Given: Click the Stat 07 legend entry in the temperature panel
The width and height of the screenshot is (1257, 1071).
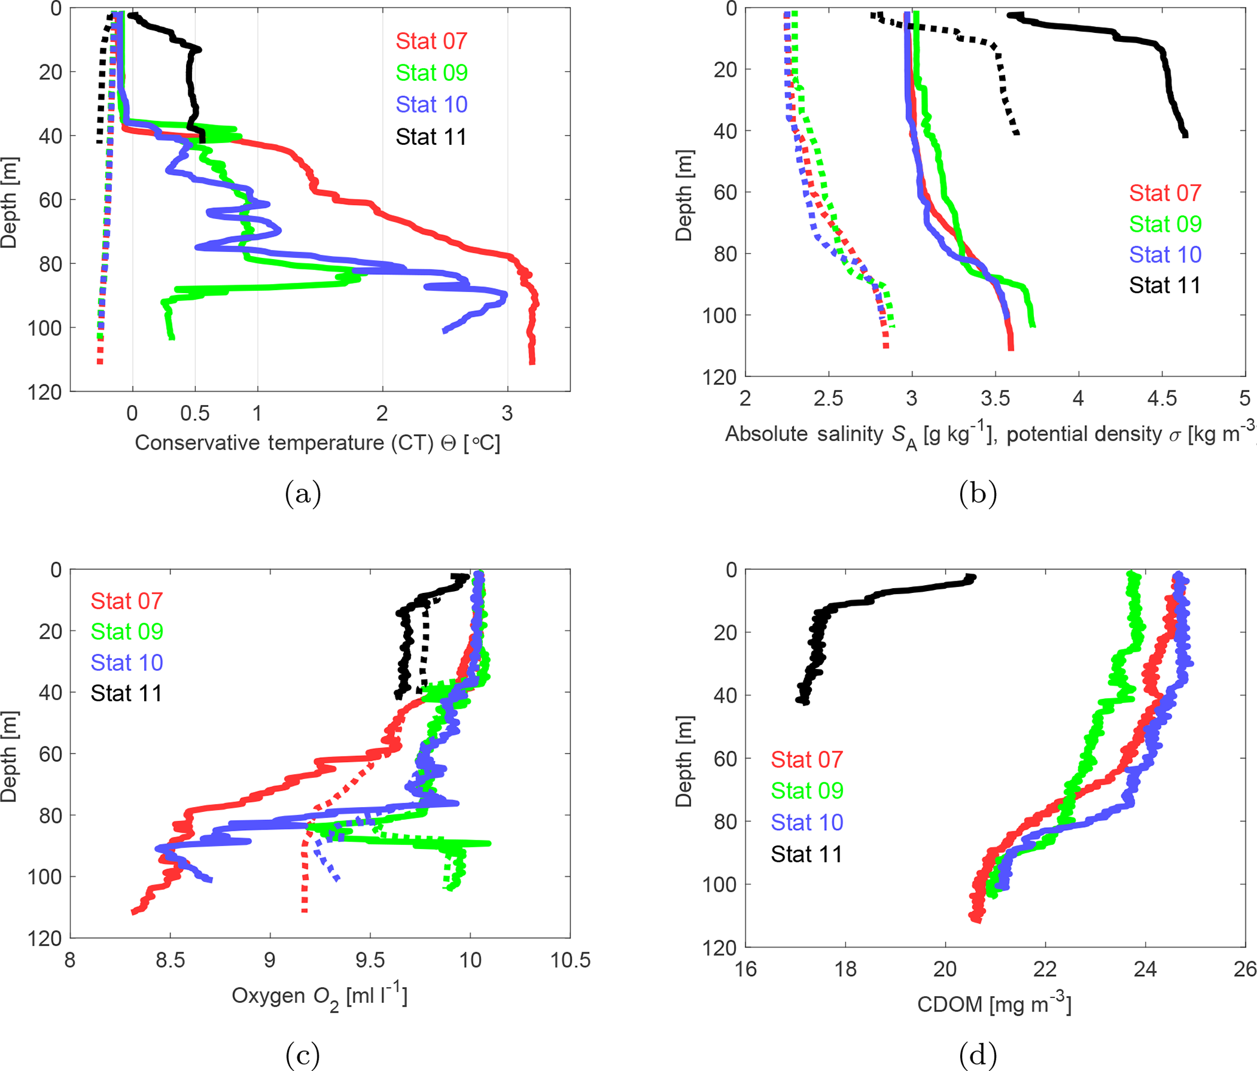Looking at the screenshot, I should (431, 41).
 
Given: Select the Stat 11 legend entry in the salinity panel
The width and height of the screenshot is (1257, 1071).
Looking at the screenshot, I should (1165, 285).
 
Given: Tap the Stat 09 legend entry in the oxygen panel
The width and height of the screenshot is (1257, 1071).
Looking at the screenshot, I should (126, 631).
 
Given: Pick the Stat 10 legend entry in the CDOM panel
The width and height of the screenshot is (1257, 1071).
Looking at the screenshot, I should (806, 822).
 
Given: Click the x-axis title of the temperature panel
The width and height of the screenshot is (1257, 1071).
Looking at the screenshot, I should (317, 443).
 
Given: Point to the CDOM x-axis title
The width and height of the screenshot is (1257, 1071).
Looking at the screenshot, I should (994, 1004).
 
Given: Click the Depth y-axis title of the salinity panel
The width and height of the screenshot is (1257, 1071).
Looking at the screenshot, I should (684, 196).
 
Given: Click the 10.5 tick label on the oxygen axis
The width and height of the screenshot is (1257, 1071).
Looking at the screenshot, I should (570, 960).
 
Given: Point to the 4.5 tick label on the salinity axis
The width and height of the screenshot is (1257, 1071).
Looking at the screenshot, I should (1162, 398).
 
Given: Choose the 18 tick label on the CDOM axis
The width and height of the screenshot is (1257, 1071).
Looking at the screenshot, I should (845, 968).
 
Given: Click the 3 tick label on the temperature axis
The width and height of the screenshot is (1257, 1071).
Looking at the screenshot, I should (507, 414).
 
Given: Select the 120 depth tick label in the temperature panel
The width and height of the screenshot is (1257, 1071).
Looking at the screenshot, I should (44, 392).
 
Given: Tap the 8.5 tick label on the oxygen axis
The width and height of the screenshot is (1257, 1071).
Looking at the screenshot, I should (170, 960).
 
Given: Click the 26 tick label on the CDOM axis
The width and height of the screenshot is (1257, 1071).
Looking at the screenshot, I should (1244, 968).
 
